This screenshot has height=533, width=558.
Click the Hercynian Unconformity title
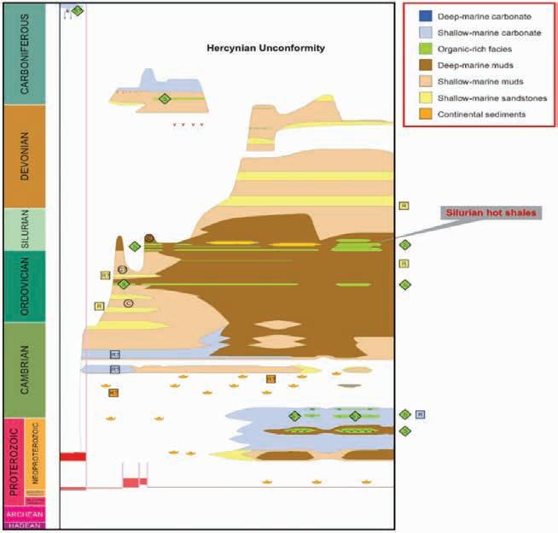(265, 49)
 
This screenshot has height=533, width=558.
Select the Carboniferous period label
(29, 53)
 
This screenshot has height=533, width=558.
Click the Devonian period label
(29, 156)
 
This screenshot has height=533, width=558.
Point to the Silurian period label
(29, 229)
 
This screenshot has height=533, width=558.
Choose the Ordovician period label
(29, 285)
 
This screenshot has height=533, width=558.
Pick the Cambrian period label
(29, 369)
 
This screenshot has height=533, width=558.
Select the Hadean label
(29, 525)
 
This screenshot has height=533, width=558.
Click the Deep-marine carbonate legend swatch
(424, 16)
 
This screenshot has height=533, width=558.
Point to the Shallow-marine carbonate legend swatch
(424, 32)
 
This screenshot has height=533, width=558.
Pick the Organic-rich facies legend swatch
(424, 49)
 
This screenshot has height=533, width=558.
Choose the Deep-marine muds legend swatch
(424, 65)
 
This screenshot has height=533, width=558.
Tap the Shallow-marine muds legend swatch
(424, 81)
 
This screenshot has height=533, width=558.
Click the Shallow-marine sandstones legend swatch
(424, 97)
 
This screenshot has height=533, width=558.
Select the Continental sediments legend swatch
(424, 114)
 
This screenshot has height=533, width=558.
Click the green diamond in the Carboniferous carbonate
(165, 99)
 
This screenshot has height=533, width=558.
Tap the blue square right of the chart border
(420, 414)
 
